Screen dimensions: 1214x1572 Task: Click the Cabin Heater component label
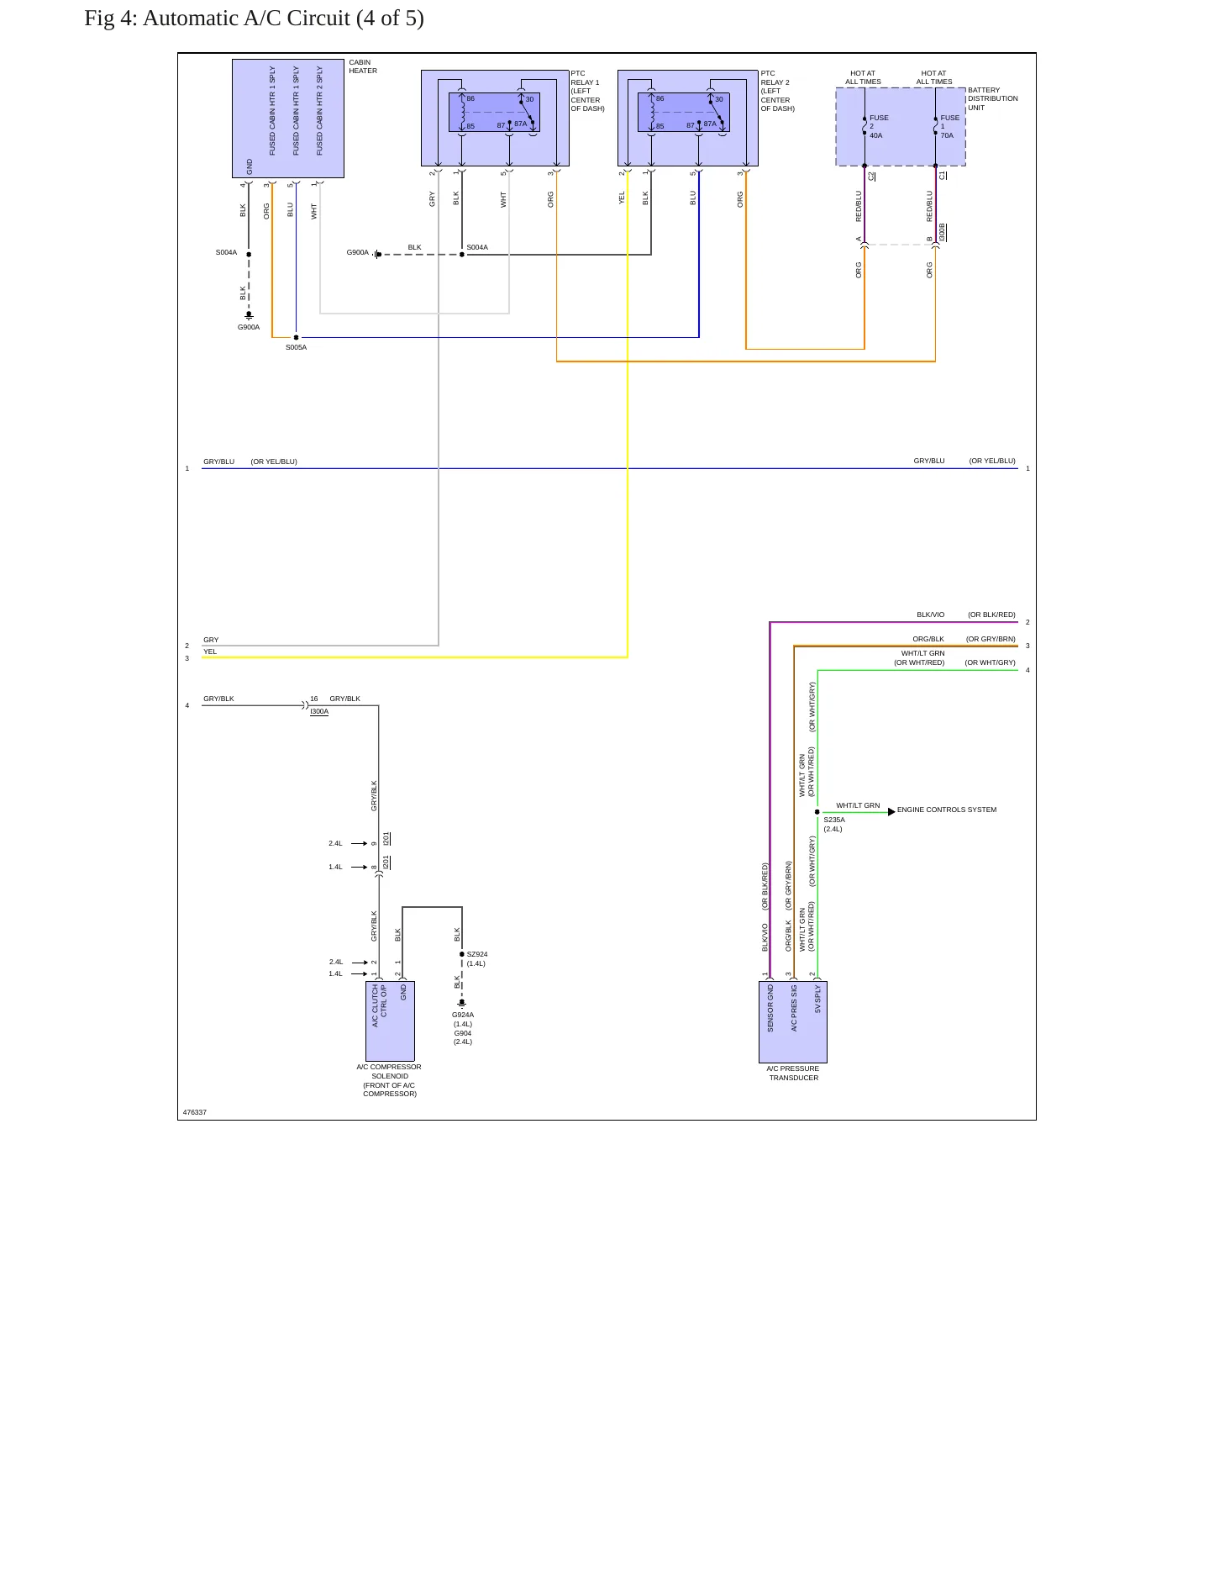click(x=363, y=66)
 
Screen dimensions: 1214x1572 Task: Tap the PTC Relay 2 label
click(x=777, y=91)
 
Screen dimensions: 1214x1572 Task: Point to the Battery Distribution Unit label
click(x=992, y=98)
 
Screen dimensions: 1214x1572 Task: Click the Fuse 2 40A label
click(x=878, y=126)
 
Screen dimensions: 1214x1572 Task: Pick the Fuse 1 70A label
click(x=949, y=126)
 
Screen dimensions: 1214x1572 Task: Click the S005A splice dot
click(x=296, y=337)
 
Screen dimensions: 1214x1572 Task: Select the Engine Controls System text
click(x=947, y=810)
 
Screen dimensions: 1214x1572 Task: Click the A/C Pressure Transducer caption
click(x=793, y=1073)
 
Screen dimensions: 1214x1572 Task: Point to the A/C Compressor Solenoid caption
click(x=389, y=1080)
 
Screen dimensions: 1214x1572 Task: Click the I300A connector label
click(x=319, y=711)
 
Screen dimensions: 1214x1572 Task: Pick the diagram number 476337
click(x=195, y=1112)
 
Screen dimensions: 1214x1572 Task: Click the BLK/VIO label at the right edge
click(x=930, y=615)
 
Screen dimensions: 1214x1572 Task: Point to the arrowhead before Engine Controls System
click(x=891, y=811)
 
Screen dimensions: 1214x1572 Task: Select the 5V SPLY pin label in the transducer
click(x=817, y=1000)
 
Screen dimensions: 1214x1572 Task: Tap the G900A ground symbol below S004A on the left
click(x=249, y=315)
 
